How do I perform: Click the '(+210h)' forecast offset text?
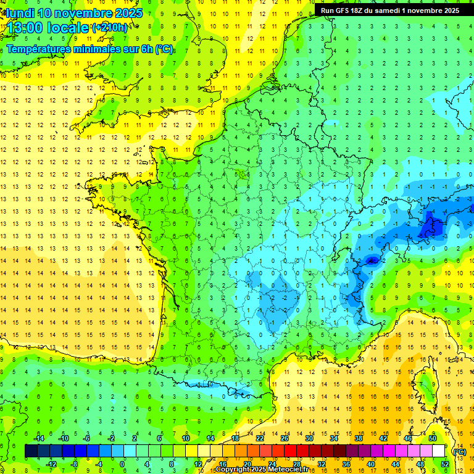[x=110, y=28]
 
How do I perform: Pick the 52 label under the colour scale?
[x=444, y=464]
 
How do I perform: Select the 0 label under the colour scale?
[x=122, y=464]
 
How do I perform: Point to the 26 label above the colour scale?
[x=285, y=438]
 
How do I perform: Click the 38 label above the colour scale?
[x=359, y=438]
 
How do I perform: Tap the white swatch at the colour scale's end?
[x=439, y=451]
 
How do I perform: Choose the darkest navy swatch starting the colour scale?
[x=31, y=451]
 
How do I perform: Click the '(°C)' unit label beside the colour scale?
[x=459, y=452]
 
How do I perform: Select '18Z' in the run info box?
[x=364, y=10]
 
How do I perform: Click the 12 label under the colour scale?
[x=197, y=464]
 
